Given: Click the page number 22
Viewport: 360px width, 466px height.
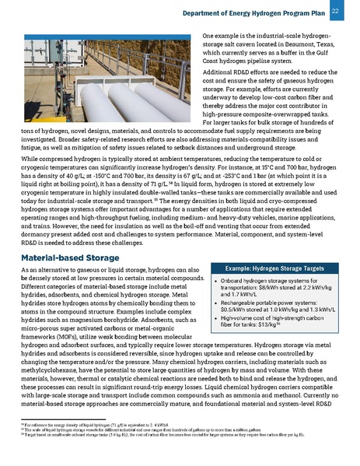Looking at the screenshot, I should click(x=334, y=11).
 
